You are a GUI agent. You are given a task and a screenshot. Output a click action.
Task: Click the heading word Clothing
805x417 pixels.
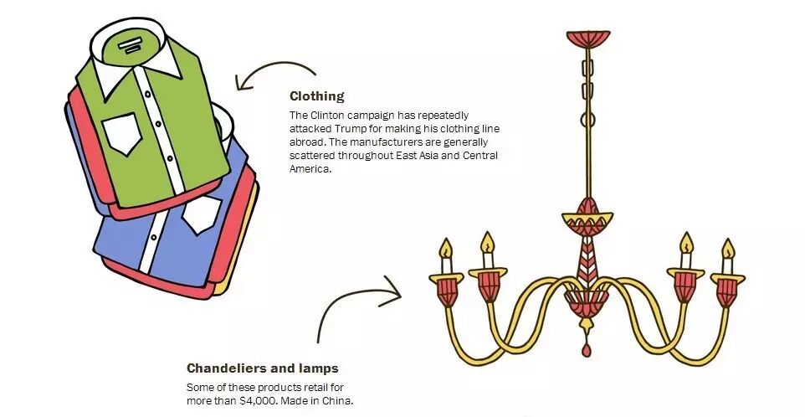pos(316,96)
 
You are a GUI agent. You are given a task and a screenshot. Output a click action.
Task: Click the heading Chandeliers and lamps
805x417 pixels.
pos(263,368)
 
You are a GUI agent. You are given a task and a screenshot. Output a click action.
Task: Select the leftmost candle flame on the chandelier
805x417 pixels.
pos(446,249)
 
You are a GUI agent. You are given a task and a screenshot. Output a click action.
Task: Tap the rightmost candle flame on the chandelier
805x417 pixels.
pos(728,250)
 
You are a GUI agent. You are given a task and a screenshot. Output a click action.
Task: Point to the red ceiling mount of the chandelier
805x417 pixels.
pos(588,39)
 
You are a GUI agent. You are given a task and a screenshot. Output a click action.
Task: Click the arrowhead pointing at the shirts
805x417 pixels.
pos(243,83)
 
